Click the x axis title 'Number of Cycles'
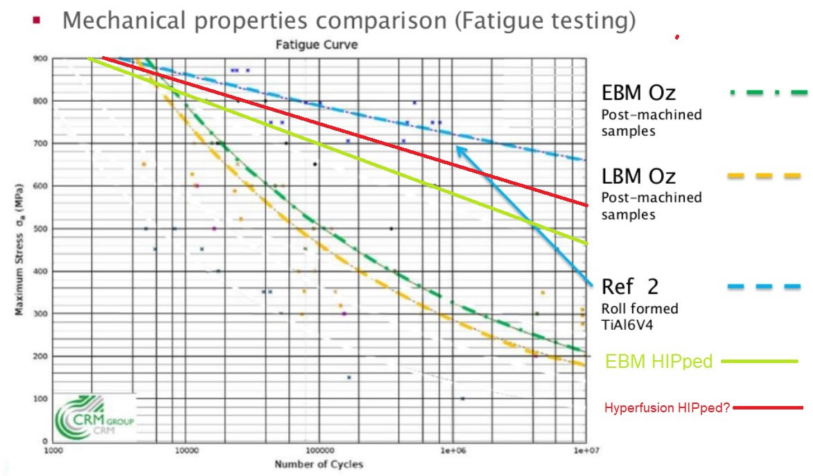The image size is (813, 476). (x=319, y=464)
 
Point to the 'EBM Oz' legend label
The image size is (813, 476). (x=638, y=93)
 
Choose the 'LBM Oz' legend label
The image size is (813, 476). (x=638, y=176)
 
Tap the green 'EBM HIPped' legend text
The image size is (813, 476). (x=658, y=362)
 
